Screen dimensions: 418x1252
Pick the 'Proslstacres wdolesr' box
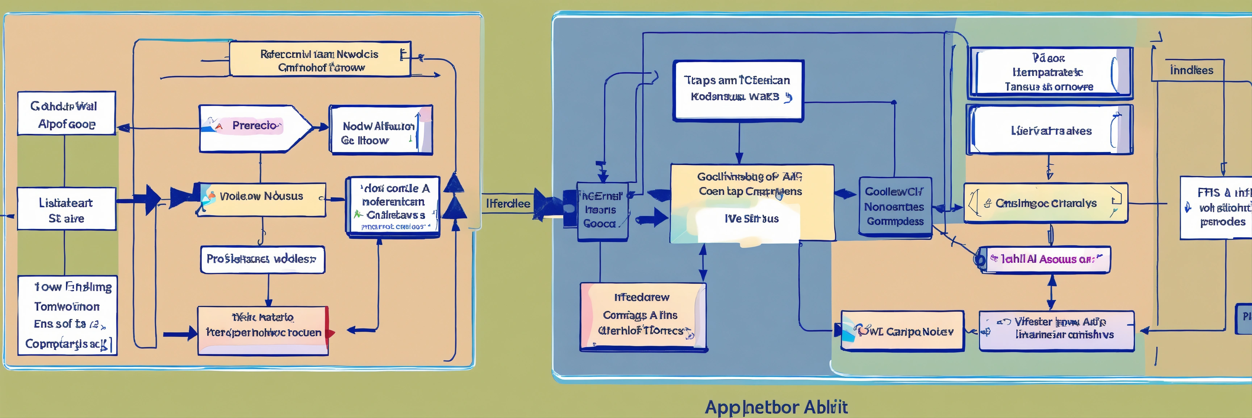tap(262, 259)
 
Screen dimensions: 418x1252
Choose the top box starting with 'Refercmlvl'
tap(320, 60)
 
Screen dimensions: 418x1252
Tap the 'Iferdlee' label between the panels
tap(508, 204)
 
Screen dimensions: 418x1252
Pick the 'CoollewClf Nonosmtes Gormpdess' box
tap(895, 207)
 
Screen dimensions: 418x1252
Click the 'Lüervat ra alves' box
tap(1050, 130)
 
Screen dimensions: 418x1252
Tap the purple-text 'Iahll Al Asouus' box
tap(1045, 259)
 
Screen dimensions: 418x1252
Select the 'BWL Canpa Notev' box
tap(902, 331)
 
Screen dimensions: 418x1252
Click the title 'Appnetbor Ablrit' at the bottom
tap(776, 407)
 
